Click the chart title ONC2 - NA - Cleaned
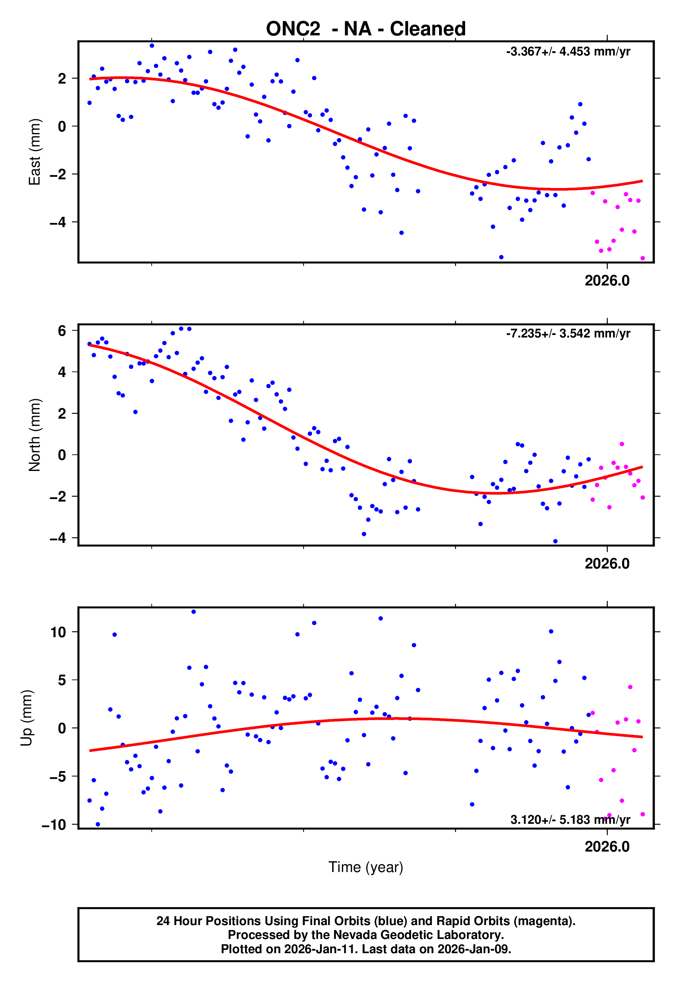point(366,29)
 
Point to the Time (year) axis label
point(366,867)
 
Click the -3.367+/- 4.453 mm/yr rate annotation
point(568,52)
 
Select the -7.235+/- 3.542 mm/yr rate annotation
point(568,333)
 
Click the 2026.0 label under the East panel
point(607,281)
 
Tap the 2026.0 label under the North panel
point(607,564)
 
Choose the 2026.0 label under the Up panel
point(607,847)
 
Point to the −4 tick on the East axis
point(58,222)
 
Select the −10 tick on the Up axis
point(54,825)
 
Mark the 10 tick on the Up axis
point(58,632)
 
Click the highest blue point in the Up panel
point(193,612)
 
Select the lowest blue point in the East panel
point(501,257)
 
